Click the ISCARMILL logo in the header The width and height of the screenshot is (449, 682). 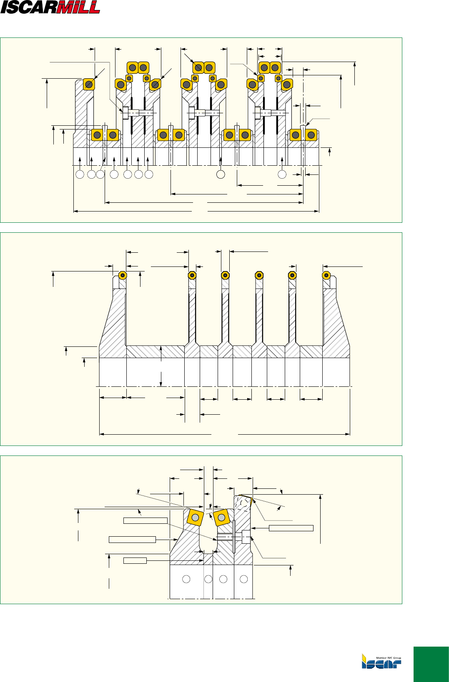click(50, 7)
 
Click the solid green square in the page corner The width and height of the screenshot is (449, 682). click(431, 664)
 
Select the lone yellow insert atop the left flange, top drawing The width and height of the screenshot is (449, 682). click(89, 85)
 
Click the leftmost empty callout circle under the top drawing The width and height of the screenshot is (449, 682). click(80, 174)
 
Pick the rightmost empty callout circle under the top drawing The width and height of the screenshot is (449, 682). click(282, 174)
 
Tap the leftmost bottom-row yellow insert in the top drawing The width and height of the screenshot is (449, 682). click(97, 135)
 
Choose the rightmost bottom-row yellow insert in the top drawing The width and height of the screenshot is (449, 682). click(311, 135)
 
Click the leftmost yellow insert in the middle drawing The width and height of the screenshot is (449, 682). click(123, 275)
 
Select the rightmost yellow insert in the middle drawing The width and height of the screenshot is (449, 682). click(326, 275)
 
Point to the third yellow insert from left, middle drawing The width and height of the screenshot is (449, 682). click(225, 275)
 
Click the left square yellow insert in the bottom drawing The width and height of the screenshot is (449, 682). click(195, 517)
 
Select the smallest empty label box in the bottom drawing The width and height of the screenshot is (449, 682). click(135, 560)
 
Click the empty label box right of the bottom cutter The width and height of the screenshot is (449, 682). click(291, 528)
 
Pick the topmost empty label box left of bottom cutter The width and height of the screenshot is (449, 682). click(145, 520)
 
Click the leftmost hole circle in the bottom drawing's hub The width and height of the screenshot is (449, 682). click(186, 579)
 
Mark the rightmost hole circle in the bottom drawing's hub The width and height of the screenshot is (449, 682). click(244, 579)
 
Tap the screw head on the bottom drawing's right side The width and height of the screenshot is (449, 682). click(246, 537)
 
